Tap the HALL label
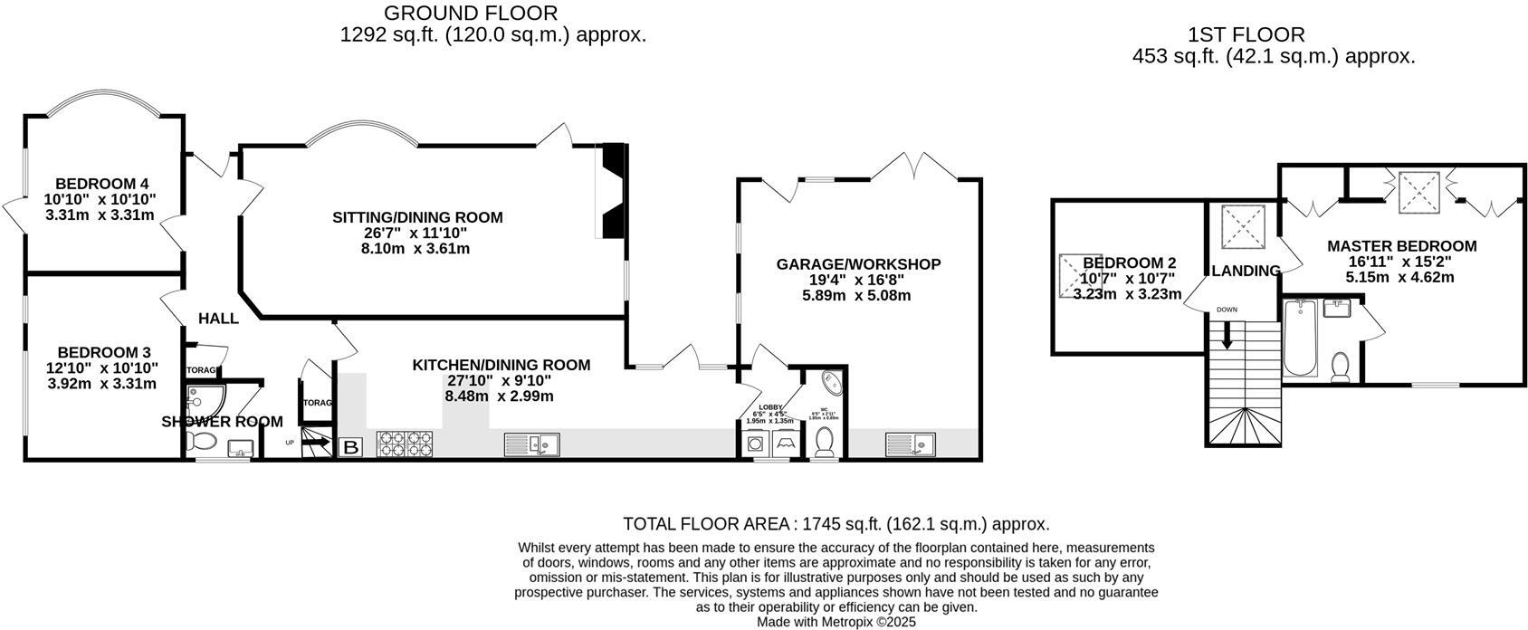tap(218, 319)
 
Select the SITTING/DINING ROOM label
tap(417, 217)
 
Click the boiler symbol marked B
tap(349, 446)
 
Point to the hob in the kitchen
tap(404, 444)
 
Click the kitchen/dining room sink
tap(533, 444)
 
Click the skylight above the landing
tap(1241, 226)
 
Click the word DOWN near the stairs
tap(1227, 310)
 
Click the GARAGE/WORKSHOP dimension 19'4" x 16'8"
tap(857, 280)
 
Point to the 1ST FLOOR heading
tap(1246, 35)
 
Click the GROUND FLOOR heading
tap(471, 13)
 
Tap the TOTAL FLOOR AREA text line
tap(836, 524)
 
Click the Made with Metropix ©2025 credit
tap(836, 623)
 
